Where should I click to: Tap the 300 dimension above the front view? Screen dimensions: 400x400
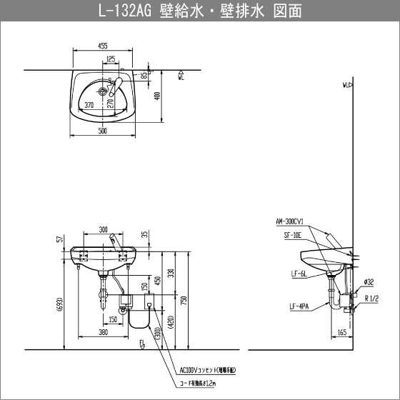103,230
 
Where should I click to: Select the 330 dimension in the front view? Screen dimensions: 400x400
170,274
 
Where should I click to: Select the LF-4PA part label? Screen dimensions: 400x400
300,308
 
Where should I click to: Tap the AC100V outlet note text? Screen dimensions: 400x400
211,371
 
